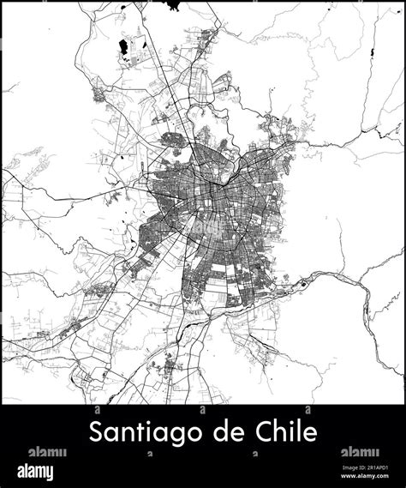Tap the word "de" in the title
(234, 431)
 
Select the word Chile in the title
(289, 431)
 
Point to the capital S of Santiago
(95, 431)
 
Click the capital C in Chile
(265, 431)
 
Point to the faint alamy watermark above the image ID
(360, 452)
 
